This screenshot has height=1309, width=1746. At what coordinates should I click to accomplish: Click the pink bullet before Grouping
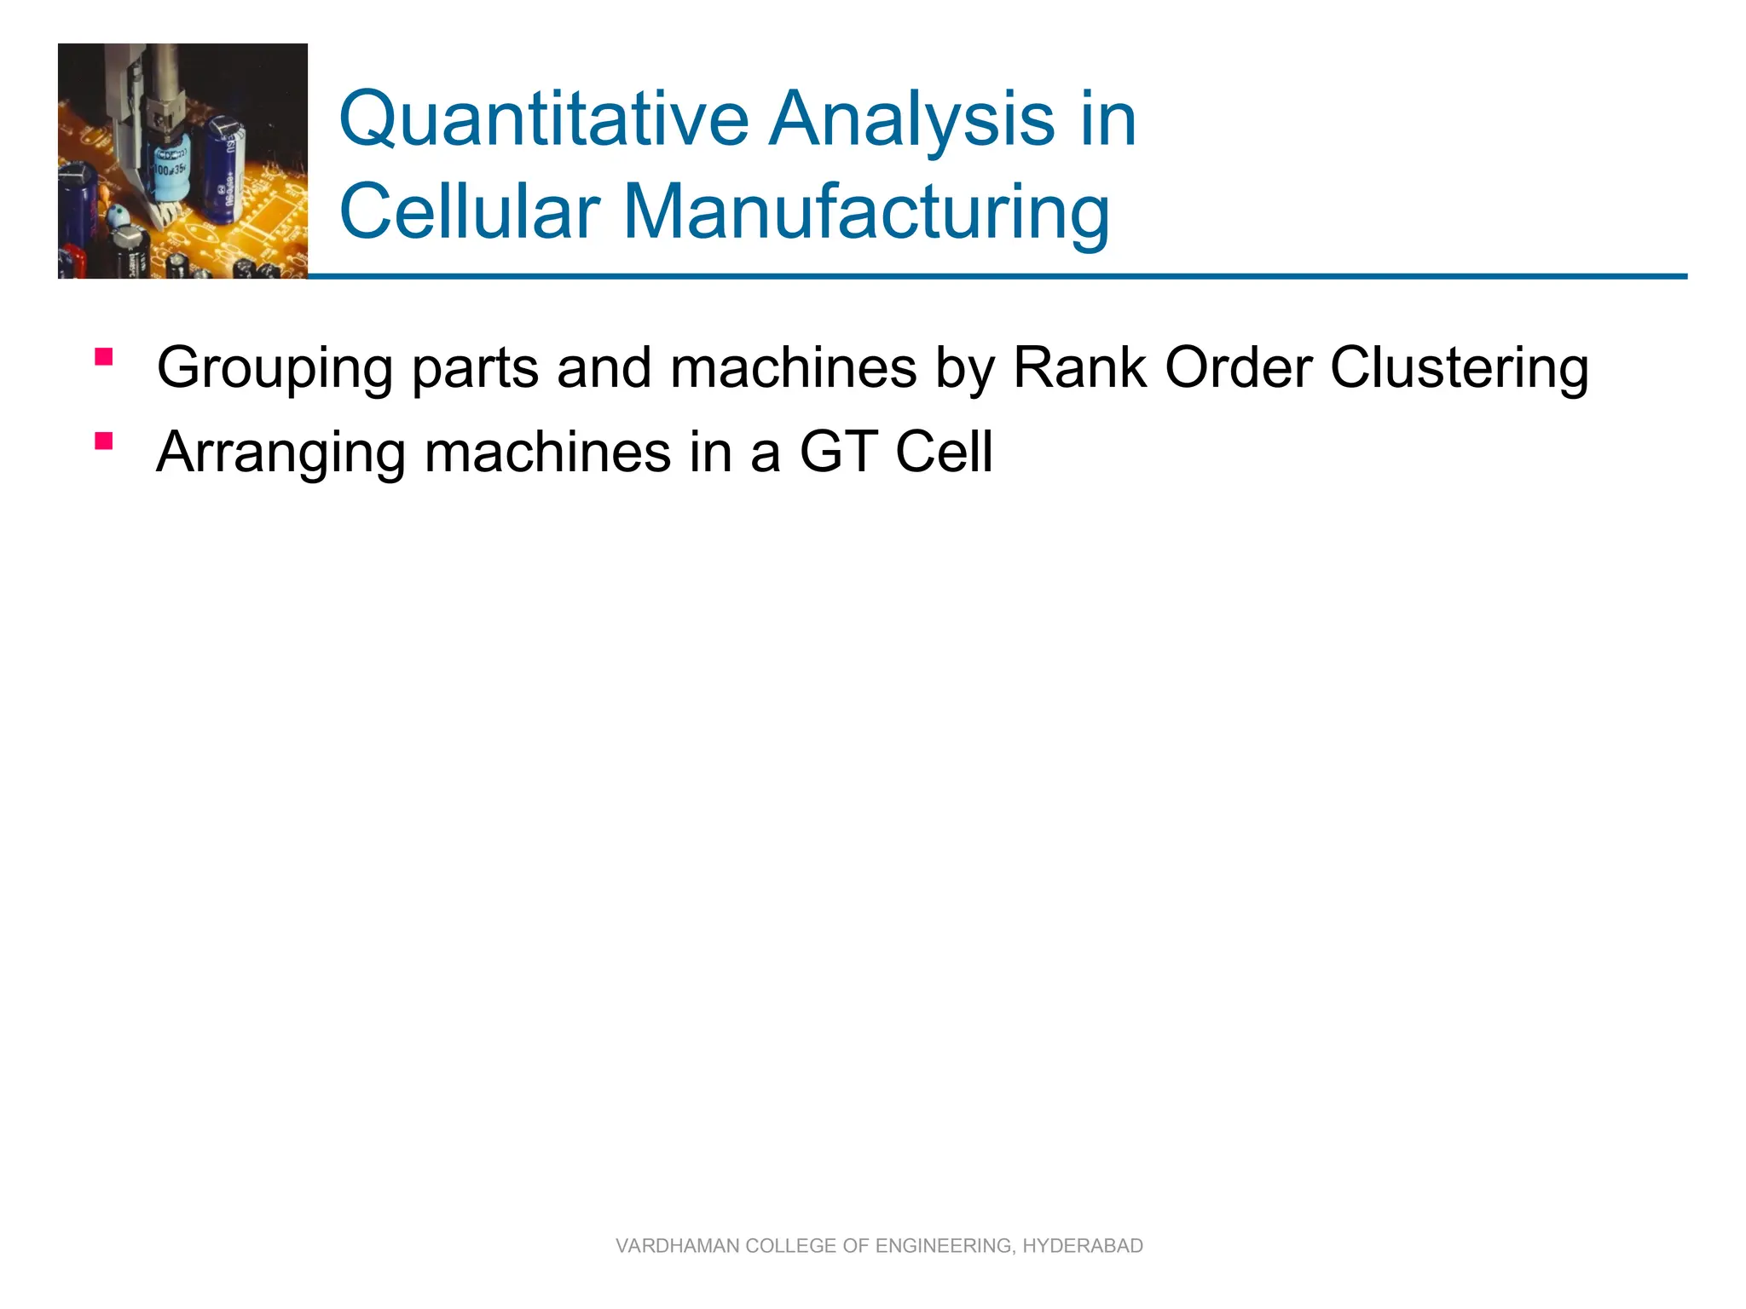(x=104, y=357)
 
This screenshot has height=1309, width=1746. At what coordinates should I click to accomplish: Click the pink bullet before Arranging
(x=104, y=441)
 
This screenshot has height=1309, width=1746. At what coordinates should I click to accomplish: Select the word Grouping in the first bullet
(x=275, y=368)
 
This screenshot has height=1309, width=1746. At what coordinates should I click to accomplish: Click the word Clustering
(x=1459, y=368)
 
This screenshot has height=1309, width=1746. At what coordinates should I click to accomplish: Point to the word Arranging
(x=280, y=453)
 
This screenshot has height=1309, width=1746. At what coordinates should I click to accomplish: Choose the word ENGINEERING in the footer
(x=944, y=1246)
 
